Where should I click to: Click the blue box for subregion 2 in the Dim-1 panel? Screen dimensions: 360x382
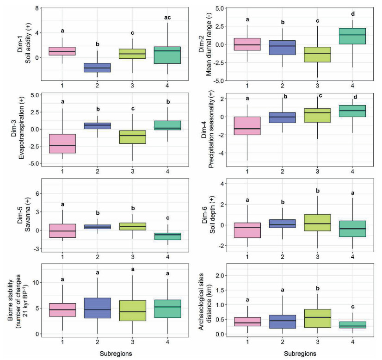97,67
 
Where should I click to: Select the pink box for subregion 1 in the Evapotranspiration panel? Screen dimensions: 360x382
62,146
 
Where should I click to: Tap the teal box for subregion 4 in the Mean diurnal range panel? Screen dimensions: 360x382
352,36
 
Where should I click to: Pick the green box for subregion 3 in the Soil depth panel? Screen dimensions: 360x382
318,223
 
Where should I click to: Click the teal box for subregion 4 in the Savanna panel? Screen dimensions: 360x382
167,236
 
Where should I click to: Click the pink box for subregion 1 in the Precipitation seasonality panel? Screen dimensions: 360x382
247,125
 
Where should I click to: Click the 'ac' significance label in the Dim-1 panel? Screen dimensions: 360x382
167,18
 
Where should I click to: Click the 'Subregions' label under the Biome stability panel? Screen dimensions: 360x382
115,354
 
